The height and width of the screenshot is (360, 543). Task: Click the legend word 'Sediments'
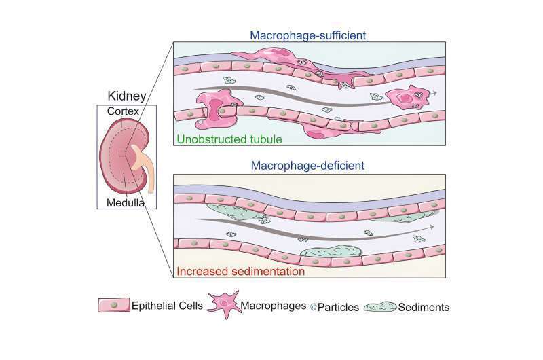coord(424,307)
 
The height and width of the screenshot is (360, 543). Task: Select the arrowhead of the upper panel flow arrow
coord(434,92)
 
